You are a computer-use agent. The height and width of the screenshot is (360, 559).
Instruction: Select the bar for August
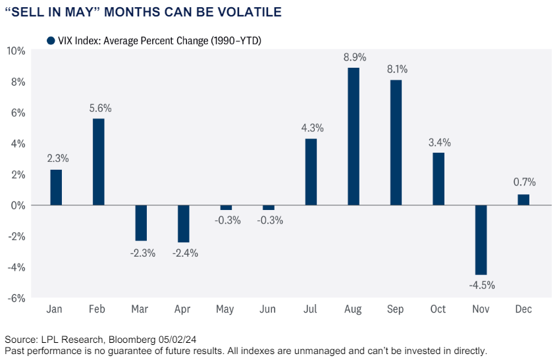pos(354,136)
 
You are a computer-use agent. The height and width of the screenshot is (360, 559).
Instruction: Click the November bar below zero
pos(481,240)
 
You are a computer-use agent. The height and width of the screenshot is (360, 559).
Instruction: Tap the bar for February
pos(98,162)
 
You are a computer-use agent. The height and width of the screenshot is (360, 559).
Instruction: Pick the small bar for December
pos(523,199)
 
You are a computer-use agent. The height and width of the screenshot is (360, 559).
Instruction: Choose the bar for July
pos(311,172)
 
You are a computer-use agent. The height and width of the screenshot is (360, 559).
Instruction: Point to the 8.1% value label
pos(397,68)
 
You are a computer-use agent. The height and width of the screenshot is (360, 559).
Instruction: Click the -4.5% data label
pos(482,286)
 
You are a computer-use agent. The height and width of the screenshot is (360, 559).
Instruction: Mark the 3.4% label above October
pos(439,141)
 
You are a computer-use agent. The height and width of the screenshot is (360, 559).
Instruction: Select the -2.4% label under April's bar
pos(184,253)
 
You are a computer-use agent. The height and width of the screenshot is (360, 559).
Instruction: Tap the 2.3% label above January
pos(57,158)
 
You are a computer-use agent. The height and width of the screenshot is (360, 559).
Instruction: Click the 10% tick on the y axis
pos(16,51)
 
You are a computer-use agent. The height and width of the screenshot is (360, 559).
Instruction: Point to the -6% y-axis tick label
pos(16,298)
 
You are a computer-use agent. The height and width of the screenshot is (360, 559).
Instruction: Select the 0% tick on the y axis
pos(18,205)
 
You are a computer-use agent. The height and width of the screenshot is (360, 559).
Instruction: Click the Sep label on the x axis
pos(396,309)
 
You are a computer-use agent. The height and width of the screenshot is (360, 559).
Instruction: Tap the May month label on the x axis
pos(226,309)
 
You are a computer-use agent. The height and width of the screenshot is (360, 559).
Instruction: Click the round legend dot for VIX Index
pos(51,41)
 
